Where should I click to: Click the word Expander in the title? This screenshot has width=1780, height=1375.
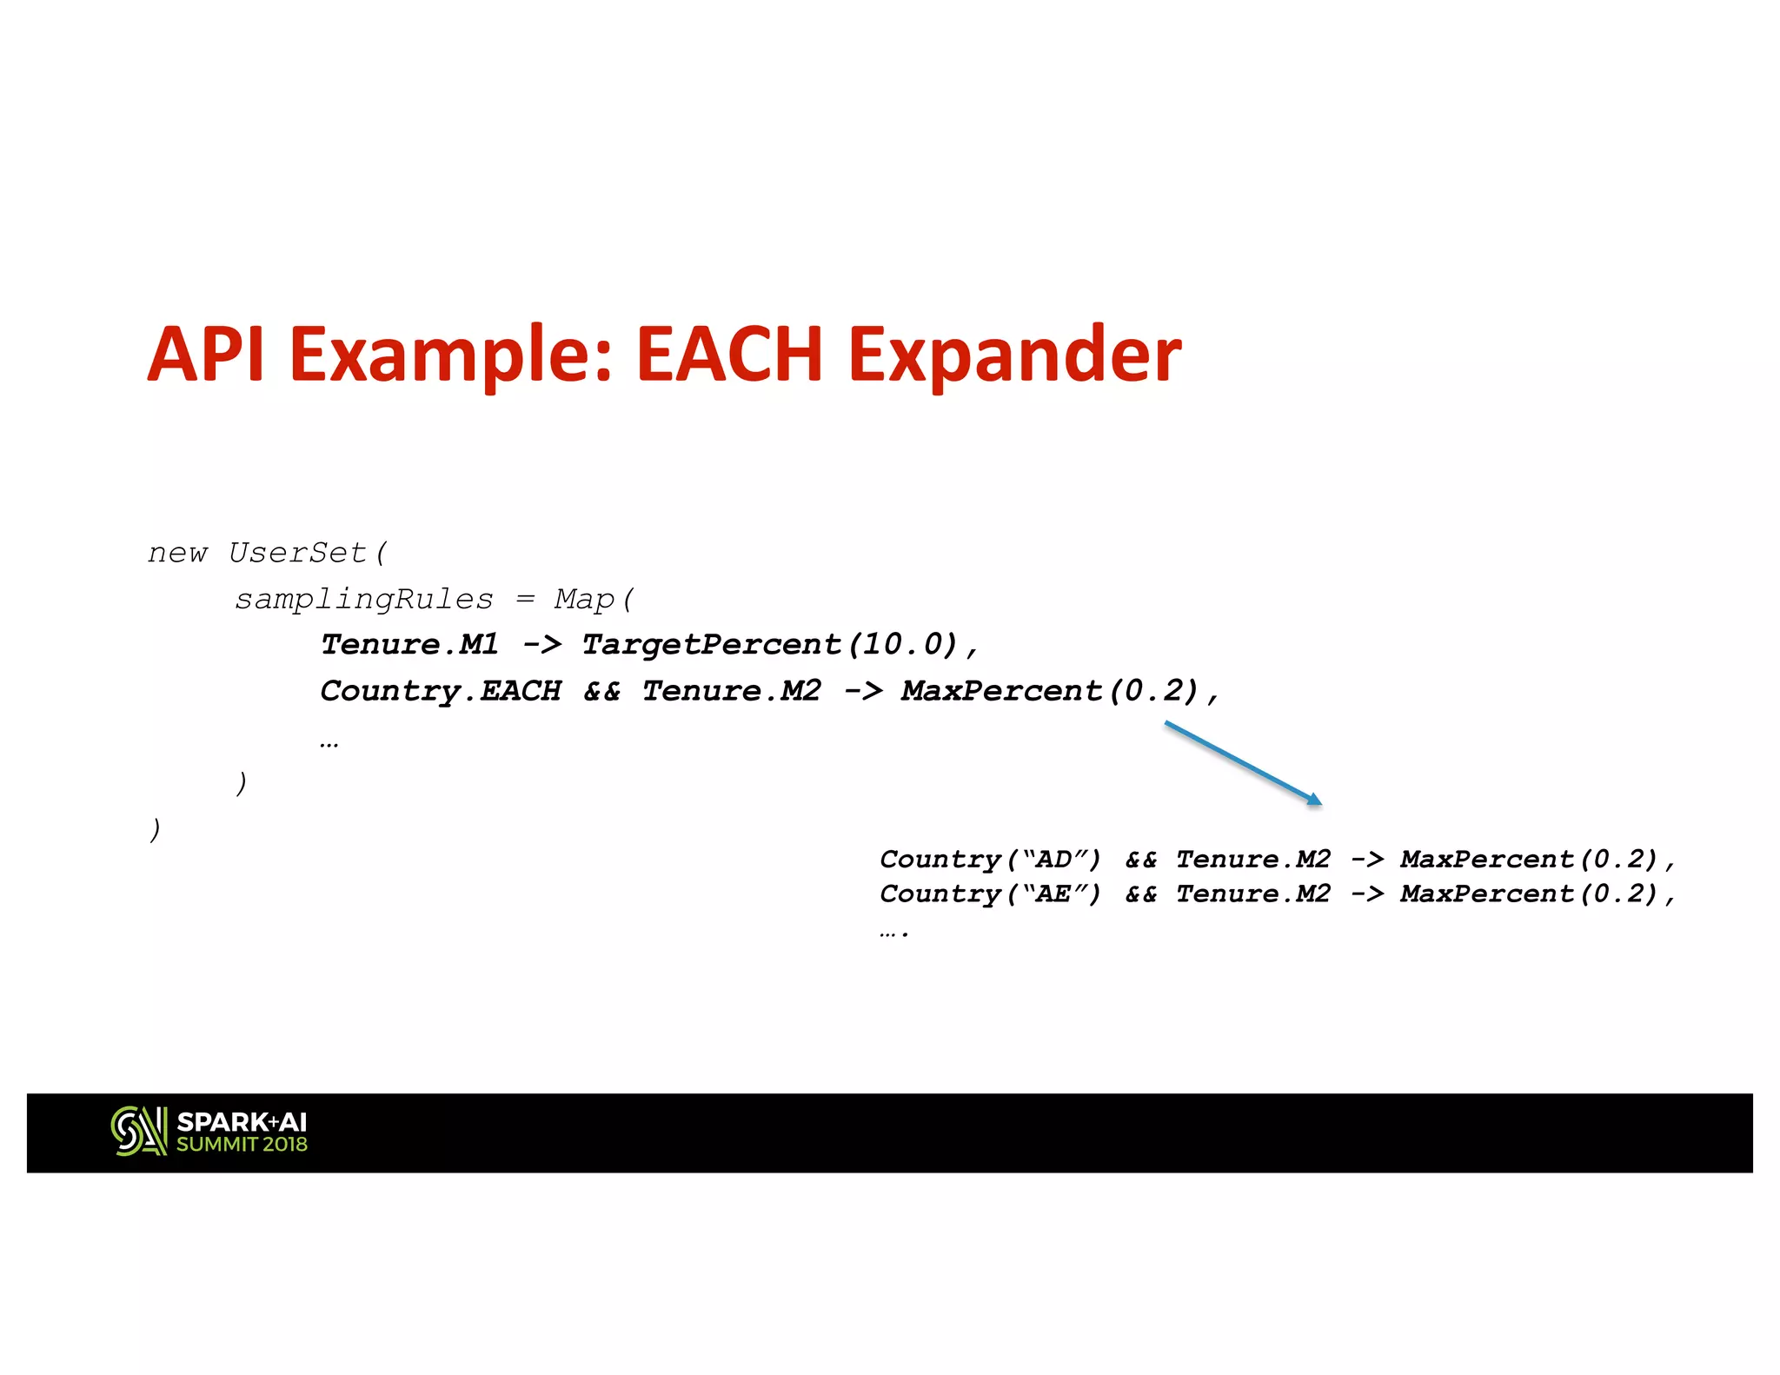click(x=1013, y=355)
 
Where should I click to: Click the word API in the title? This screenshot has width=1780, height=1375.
click(x=206, y=355)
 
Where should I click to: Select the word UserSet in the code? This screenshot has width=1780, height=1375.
click(x=298, y=553)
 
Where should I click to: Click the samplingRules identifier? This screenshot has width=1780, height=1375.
click(x=363, y=599)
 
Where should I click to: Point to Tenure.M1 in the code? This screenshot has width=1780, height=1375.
click(x=409, y=645)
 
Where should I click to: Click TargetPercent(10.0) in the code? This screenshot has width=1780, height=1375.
click(x=769, y=645)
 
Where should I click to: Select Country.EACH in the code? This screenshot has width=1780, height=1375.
click(x=441, y=691)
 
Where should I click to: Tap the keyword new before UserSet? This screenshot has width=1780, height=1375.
click(x=177, y=554)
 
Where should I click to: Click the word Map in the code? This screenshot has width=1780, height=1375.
click(x=584, y=599)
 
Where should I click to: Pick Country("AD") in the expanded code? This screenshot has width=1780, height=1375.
click(x=990, y=860)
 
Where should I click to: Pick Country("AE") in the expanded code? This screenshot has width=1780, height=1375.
click(x=990, y=893)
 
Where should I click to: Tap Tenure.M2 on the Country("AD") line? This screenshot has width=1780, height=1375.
click(x=1252, y=860)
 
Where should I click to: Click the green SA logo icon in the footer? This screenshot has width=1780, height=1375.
click(x=139, y=1131)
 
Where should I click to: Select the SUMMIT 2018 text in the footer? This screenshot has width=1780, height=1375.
click(x=242, y=1145)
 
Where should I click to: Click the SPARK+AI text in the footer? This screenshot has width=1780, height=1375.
click(x=242, y=1122)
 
